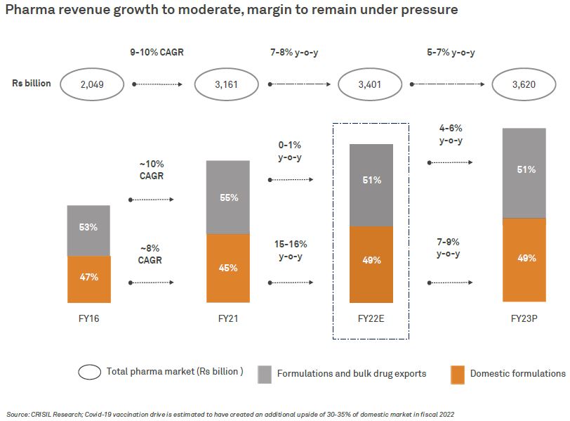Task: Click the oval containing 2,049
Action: click(x=91, y=84)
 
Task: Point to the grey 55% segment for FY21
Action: click(x=227, y=197)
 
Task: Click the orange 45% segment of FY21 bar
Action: click(x=227, y=268)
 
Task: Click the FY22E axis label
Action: click(x=371, y=319)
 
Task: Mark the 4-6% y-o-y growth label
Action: click(x=450, y=135)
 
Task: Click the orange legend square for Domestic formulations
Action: click(x=458, y=374)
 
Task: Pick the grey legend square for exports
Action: click(x=265, y=374)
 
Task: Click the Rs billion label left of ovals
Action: click(x=32, y=83)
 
